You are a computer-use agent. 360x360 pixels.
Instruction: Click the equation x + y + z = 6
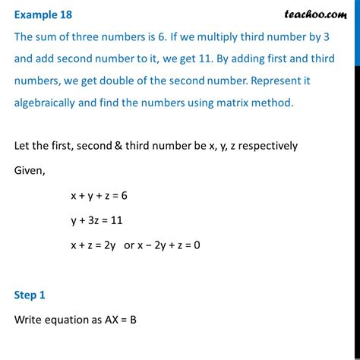[100, 195]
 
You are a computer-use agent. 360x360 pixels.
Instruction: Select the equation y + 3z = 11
[96, 220]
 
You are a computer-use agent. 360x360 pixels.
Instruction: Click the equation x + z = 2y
[96, 245]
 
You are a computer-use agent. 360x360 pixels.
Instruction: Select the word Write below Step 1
[30, 319]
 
